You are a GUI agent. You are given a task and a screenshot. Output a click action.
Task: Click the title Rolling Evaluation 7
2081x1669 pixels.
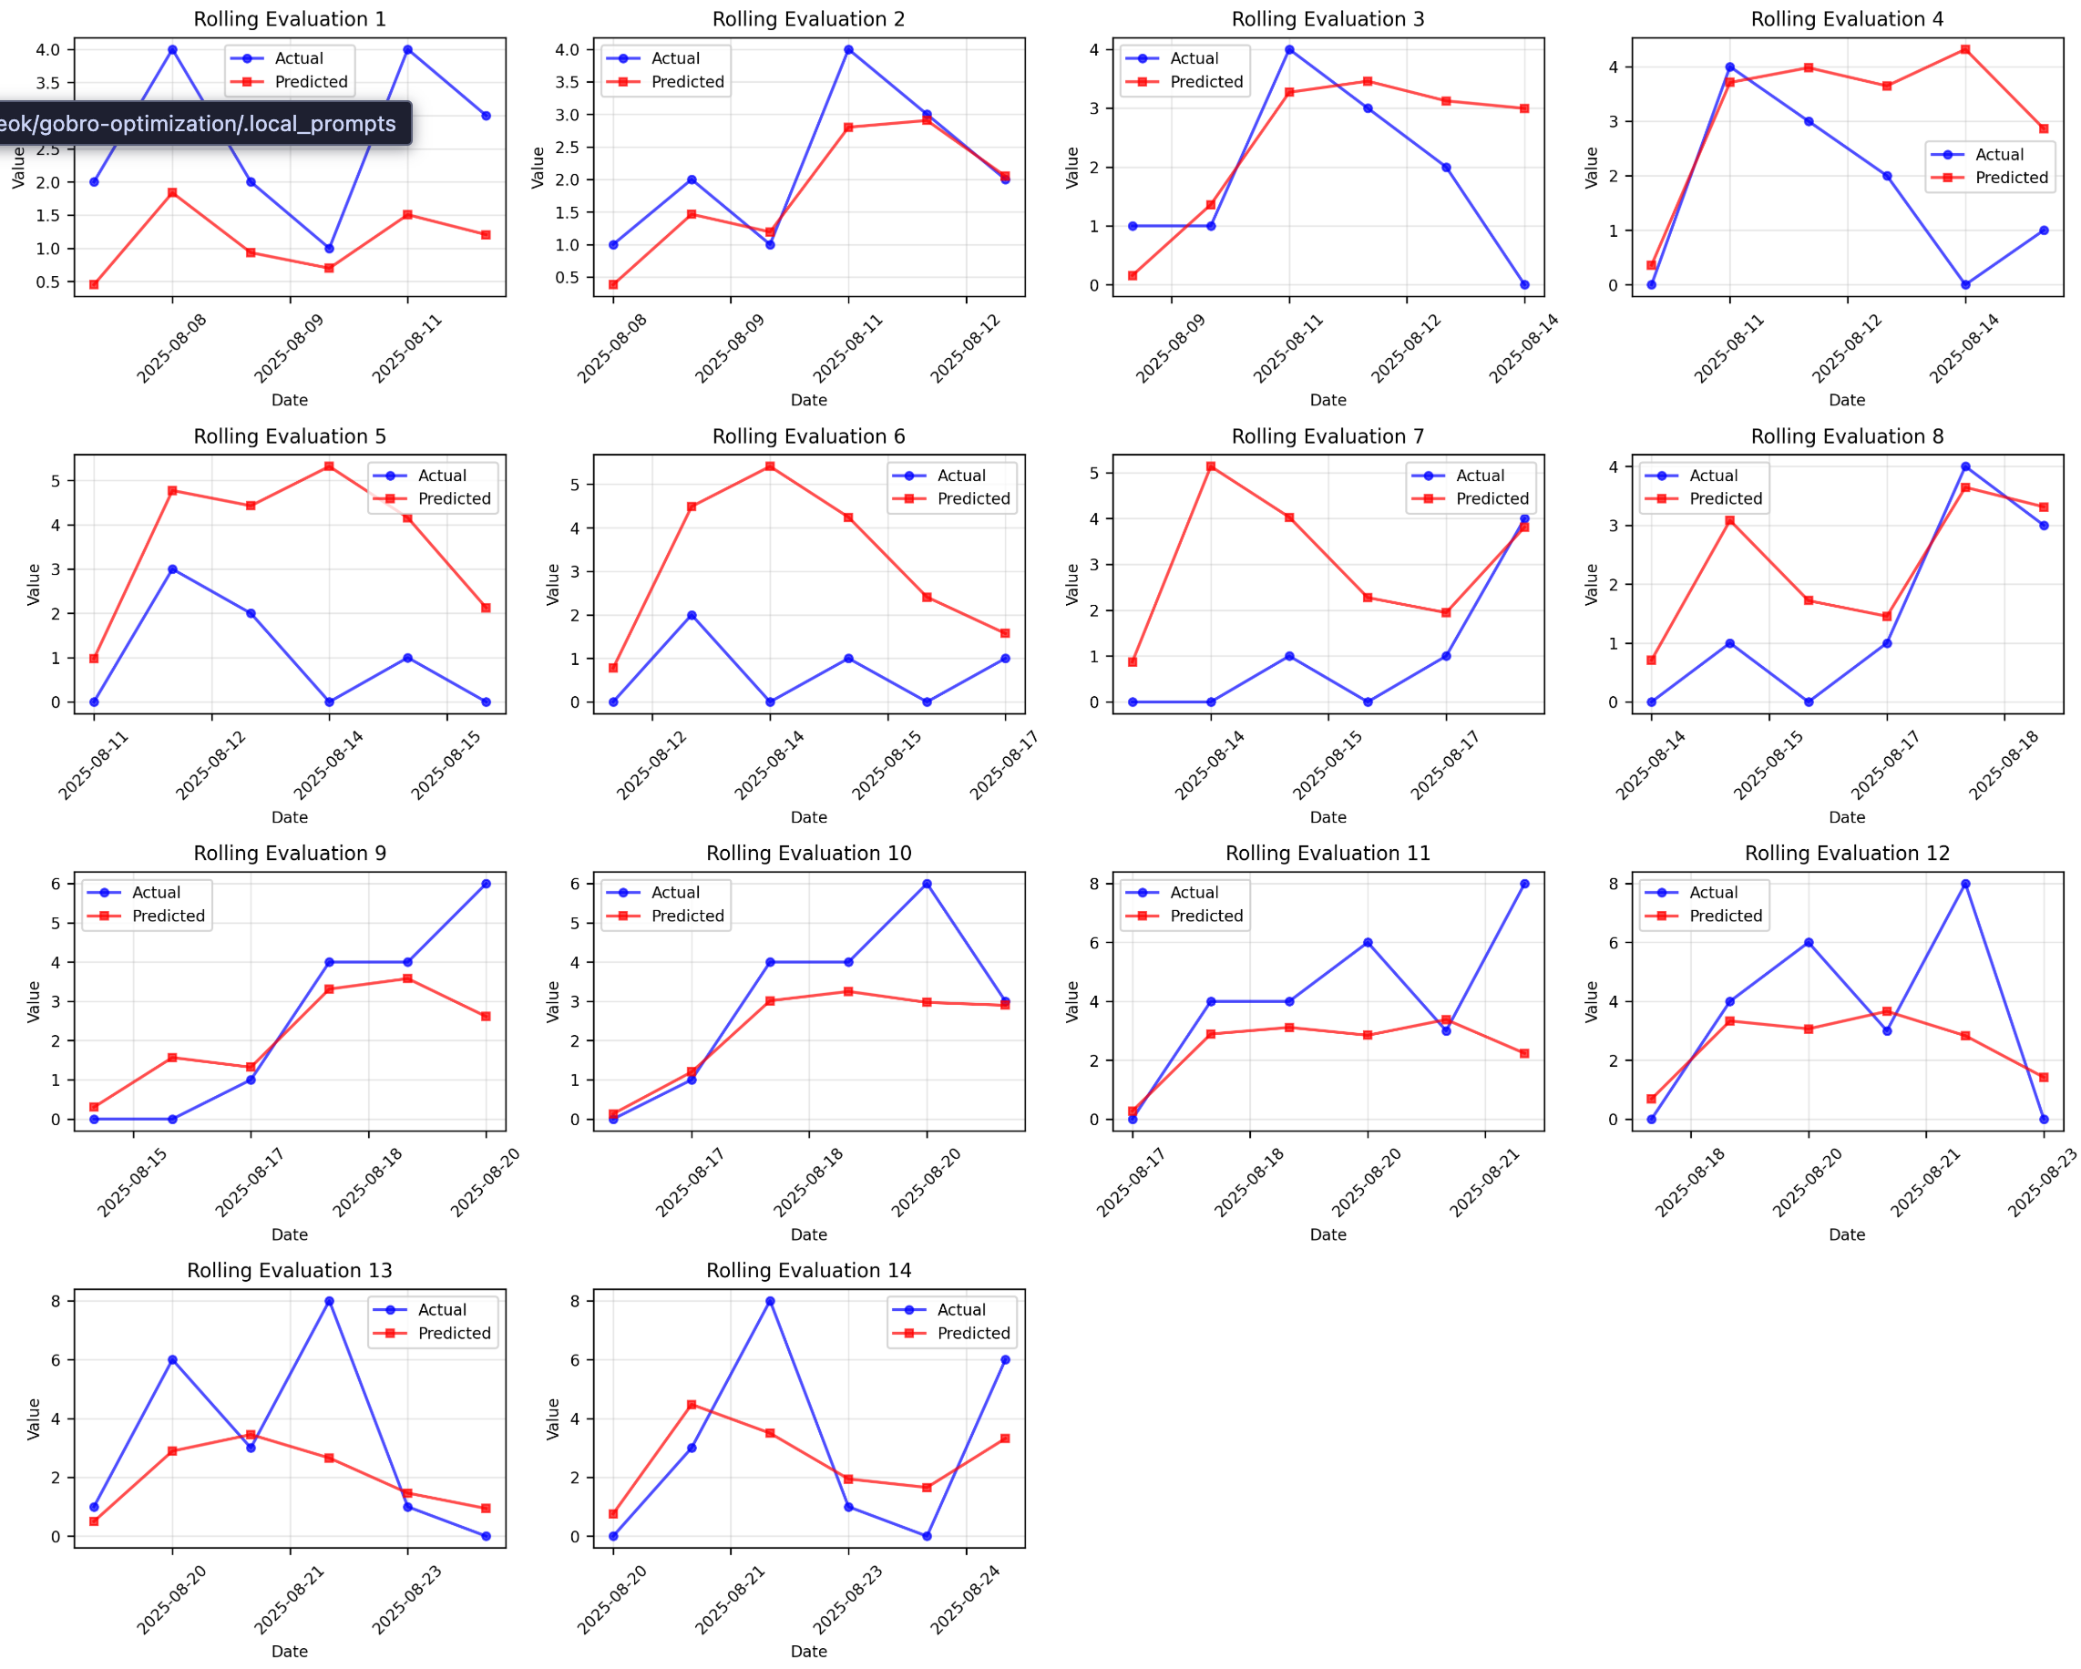point(1328,436)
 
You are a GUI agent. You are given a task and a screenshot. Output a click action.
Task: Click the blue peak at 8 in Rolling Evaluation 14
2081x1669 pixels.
point(770,1301)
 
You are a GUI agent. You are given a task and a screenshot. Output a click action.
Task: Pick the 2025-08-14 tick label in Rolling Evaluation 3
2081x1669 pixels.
point(1523,350)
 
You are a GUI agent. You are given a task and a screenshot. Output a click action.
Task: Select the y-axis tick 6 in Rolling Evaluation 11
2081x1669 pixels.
point(1093,943)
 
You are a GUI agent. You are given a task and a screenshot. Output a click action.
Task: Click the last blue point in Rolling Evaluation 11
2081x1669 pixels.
point(1524,885)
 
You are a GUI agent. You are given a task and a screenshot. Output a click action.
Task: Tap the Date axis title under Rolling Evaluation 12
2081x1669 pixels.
point(1847,1234)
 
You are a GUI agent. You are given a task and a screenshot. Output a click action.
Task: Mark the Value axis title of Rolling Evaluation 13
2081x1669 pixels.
point(34,1419)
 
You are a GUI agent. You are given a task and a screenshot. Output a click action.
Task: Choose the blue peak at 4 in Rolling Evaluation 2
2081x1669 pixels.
point(848,50)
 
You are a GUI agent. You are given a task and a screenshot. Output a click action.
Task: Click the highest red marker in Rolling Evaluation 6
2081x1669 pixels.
point(770,467)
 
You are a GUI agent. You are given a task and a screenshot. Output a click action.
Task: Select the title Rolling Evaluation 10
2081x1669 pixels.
point(808,854)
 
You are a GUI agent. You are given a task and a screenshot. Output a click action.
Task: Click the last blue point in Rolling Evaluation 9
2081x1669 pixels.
point(486,885)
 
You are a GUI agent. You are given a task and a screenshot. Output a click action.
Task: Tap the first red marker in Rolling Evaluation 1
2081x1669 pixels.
point(94,285)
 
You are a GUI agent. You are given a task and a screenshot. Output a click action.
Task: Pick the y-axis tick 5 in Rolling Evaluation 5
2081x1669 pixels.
point(55,482)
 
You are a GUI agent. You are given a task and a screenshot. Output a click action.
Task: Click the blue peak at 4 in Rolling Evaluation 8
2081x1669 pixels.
point(1965,467)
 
